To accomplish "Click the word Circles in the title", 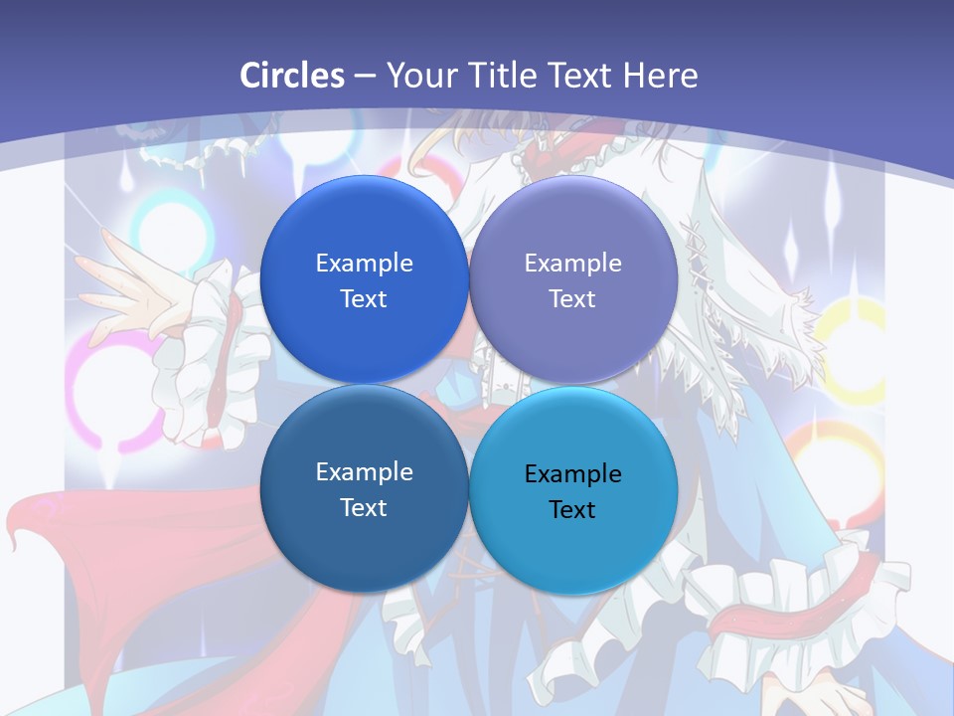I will tap(292, 76).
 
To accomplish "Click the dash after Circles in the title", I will tap(364, 77).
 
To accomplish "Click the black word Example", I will tap(573, 474).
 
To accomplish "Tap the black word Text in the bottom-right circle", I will tap(573, 510).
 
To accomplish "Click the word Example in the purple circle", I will tap(573, 264).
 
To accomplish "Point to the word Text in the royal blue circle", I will tap(364, 299).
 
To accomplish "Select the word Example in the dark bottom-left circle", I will tap(364, 472).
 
